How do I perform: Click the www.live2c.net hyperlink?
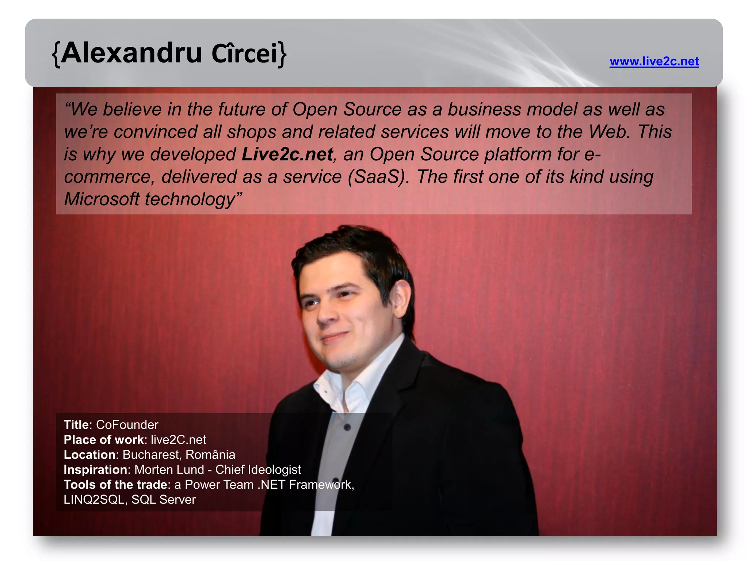coord(654,61)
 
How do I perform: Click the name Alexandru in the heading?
coord(131,53)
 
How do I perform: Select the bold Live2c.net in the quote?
coord(287,154)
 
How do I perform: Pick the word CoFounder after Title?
coord(127,425)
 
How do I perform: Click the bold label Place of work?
coord(104,440)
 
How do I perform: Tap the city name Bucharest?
coord(151,455)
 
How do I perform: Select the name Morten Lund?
coord(169,470)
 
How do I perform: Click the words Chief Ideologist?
coord(258,470)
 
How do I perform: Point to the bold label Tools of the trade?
coord(115,485)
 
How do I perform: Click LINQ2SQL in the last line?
coord(94,500)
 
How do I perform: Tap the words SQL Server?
coord(164,500)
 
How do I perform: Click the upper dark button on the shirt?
coord(347,427)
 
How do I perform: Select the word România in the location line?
coord(210,455)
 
